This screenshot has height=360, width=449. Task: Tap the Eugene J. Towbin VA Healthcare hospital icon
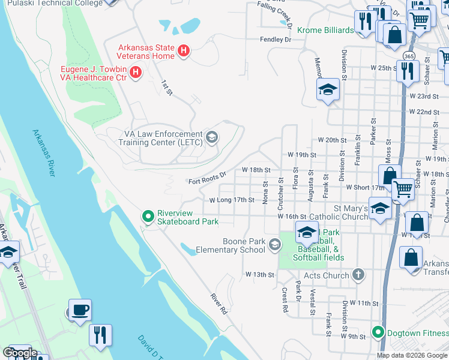coord(136,73)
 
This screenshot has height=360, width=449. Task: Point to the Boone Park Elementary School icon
coord(275,244)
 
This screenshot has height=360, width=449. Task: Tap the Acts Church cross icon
coord(358,275)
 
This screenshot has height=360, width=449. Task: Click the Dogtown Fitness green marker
coord(378,332)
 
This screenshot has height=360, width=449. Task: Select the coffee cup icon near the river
coord(80,311)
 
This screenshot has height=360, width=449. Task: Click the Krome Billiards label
coord(324,28)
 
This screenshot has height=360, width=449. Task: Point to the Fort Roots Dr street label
coord(206,178)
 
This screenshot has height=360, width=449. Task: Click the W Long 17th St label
coord(232,200)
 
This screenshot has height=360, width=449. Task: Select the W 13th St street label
coord(259,274)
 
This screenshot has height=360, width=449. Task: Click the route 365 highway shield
coord(409,56)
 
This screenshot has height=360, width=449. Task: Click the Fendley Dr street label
coord(275,40)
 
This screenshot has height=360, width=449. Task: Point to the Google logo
coord(19,353)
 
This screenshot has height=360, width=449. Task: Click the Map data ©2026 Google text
coord(412,355)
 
